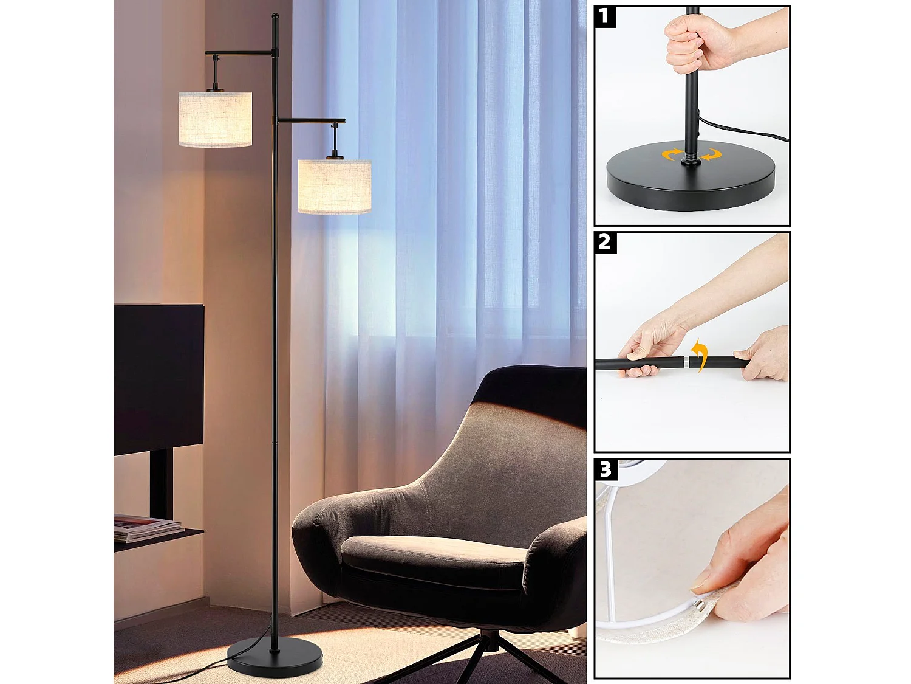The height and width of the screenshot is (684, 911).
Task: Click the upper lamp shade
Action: tap(215, 119)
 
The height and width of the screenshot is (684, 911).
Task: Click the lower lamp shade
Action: tap(335, 186)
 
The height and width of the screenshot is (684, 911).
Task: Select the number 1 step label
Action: tap(604, 16)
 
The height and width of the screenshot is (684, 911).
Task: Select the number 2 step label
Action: tap(605, 243)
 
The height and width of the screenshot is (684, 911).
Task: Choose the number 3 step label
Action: tap(606, 469)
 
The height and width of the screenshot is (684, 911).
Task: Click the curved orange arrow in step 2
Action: tap(701, 355)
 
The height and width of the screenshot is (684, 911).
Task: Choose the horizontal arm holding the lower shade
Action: tap(311, 120)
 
